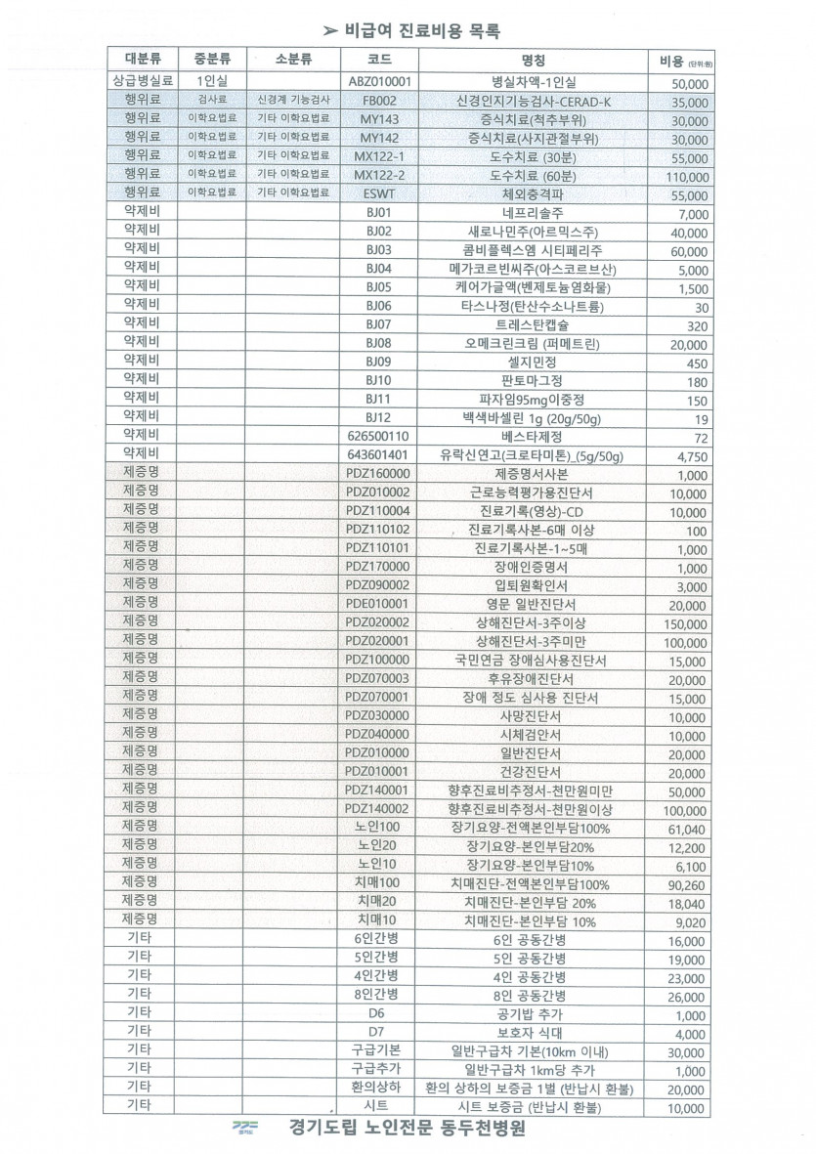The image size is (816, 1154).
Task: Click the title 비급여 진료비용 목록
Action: click(x=421, y=30)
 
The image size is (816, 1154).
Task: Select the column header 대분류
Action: click(x=143, y=59)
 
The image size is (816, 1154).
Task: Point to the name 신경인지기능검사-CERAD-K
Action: click(x=534, y=102)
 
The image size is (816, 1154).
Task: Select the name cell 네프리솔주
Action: click(x=534, y=213)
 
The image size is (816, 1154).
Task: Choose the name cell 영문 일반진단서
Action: click(x=534, y=605)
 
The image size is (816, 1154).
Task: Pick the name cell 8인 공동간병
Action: click(x=534, y=997)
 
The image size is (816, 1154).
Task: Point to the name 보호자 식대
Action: click(x=534, y=1034)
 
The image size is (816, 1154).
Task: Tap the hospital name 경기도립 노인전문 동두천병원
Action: click(x=407, y=1129)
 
